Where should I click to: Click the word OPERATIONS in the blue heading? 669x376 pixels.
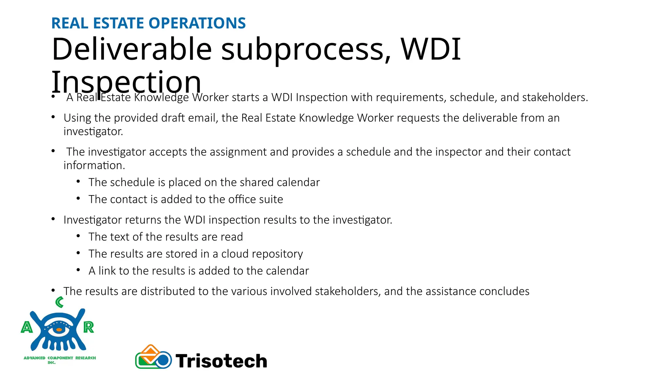point(197,23)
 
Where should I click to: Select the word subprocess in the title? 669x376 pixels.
point(306,50)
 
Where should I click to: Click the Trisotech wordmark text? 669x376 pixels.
point(221,361)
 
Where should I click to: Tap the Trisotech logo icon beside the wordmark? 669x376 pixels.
point(153,357)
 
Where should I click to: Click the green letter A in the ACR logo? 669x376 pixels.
point(27,327)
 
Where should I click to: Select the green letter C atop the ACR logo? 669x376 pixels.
point(59,302)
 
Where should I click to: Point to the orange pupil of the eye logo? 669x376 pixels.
point(59,330)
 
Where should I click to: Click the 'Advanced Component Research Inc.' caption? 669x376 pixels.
point(60,360)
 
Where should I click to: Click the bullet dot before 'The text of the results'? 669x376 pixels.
point(78,236)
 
